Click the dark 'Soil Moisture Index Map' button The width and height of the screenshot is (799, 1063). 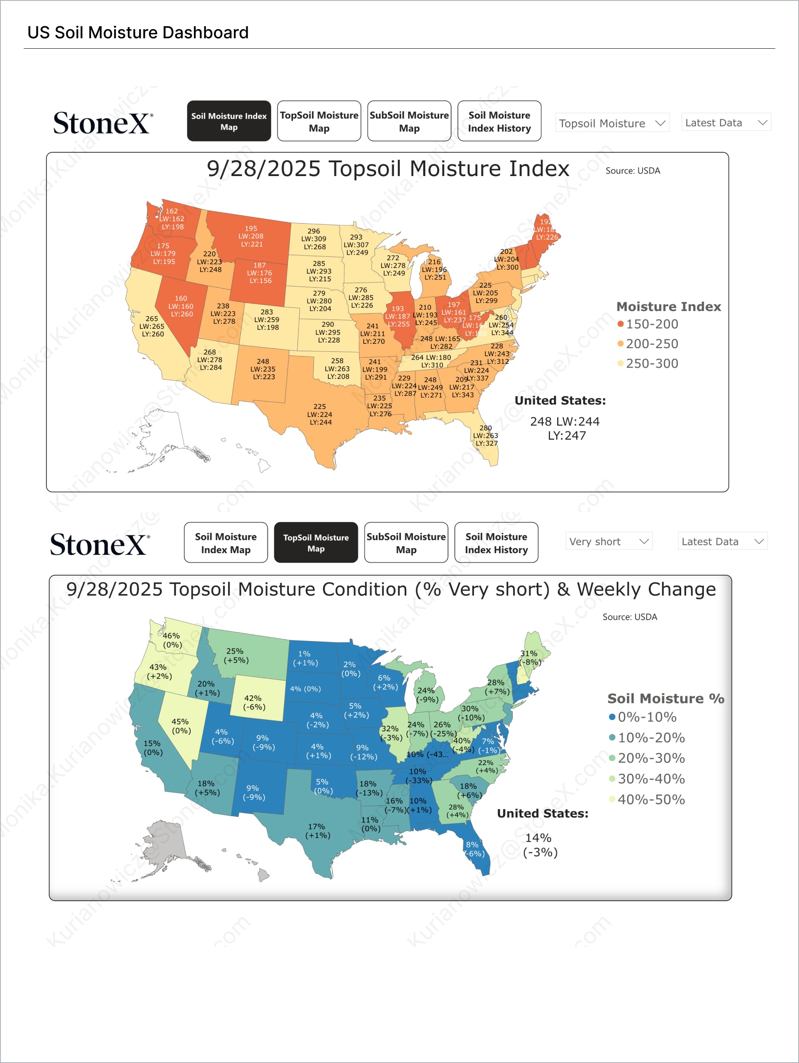pyautogui.click(x=229, y=121)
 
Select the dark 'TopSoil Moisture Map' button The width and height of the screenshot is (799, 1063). pyautogui.click(x=316, y=543)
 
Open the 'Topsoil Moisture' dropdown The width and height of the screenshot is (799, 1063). pyautogui.click(x=612, y=123)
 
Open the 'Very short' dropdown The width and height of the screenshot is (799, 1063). pyautogui.click(x=608, y=541)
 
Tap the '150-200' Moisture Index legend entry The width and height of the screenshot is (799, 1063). pyautogui.click(x=652, y=324)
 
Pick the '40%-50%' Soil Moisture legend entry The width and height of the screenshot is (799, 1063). pyautogui.click(x=650, y=799)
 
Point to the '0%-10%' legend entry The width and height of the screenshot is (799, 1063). pyautogui.click(x=646, y=717)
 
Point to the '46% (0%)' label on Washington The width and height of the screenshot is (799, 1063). pyautogui.click(x=171, y=640)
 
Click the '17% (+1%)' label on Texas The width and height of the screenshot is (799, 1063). pyautogui.click(x=317, y=830)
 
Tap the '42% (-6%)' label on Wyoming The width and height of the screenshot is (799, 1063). pyautogui.click(x=254, y=702)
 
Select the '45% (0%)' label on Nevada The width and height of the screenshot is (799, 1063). pyautogui.click(x=181, y=725)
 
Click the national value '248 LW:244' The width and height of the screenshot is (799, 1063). pyautogui.click(x=565, y=422)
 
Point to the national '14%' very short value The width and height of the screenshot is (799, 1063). pyautogui.click(x=538, y=837)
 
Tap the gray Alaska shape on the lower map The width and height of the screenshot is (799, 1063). pyautogui.click(x=166, y=841)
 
